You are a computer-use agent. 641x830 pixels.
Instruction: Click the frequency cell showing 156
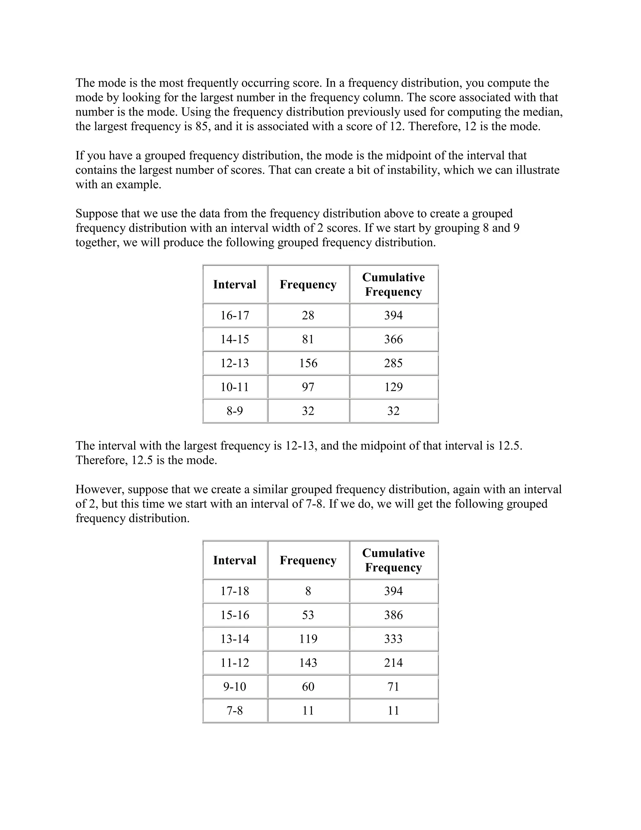pyautogui.click(x=308, y=363)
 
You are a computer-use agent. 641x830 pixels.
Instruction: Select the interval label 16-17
pyautogui.click(x=235, y=315)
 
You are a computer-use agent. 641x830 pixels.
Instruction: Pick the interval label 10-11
pyautogui.click(x=235, y=387)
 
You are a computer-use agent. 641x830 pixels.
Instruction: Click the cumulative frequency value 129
pyautogui.click(x=393, y=387)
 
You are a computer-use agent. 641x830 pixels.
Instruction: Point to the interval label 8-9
pyautogui.click(x=235, y=411)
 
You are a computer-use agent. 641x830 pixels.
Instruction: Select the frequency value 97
pyautogui.click(x=308, y=387)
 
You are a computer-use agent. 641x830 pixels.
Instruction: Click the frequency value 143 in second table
pyautogui.click(x=308, y=663)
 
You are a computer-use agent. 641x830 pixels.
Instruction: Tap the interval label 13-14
pyautogui.click(x=235, y=639)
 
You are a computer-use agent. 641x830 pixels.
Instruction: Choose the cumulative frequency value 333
pyautogui.click(x=393, y=639)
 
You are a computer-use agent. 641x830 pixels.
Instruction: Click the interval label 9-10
pyautogui.click(x=235, y=687)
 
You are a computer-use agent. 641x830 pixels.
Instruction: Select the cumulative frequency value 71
pyautogui.click(x=393, y=687)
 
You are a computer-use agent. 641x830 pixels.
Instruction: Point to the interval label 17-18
pyautogui.click(x=235, y=591)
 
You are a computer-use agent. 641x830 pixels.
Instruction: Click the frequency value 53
pyautogui.click(x=308, y=615)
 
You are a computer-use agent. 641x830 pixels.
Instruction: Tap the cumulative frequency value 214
pyautogui.click(x=393, y=663)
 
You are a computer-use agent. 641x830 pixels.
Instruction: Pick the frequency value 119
pyautogui.click(x=308, y=639)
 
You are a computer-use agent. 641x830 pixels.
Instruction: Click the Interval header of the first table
pyautogui.click(x=235, y=284)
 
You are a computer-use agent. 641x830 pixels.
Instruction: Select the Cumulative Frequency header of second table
pyautogui.click(x=393, y=560)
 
